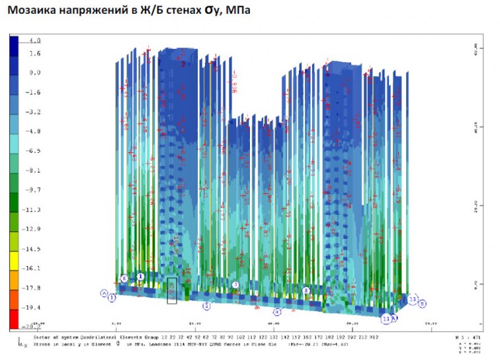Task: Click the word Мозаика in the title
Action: (29, 11)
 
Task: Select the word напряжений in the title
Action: (91, 11)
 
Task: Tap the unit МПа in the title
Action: (237, 11)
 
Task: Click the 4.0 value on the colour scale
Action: (34, 40)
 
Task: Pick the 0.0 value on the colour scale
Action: (34, 73)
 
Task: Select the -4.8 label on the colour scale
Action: (33, 132)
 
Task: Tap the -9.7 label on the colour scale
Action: (33, 190)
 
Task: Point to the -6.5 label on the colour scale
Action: (33, 151)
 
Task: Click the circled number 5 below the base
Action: (206, 306)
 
